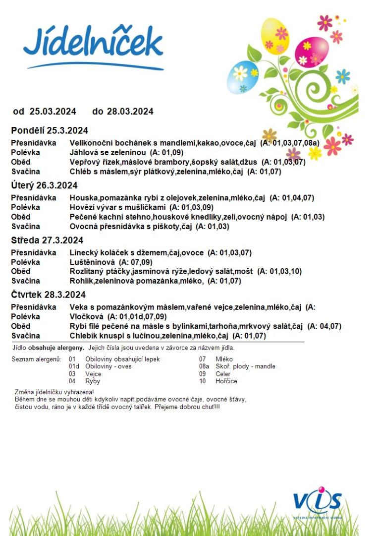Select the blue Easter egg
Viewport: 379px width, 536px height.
(x=242, y=77)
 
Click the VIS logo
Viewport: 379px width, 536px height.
(x=317, y=502)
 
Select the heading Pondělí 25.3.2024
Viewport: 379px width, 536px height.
(x=50, y=131)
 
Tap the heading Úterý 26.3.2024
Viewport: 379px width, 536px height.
(x=44, y=185)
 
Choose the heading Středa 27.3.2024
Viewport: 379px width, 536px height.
(x=47, y=240)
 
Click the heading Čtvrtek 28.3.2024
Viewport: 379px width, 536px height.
(x=48, y=295)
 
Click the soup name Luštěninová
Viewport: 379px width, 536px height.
(x=92, y=262)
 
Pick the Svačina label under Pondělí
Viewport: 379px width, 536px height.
(x=25, y=172)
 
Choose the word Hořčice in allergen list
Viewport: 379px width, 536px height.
(x=226, y=381)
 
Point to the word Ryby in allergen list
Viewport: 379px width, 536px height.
(x=93, y=381)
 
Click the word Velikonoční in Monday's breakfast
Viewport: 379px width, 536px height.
(x=93, y=143)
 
